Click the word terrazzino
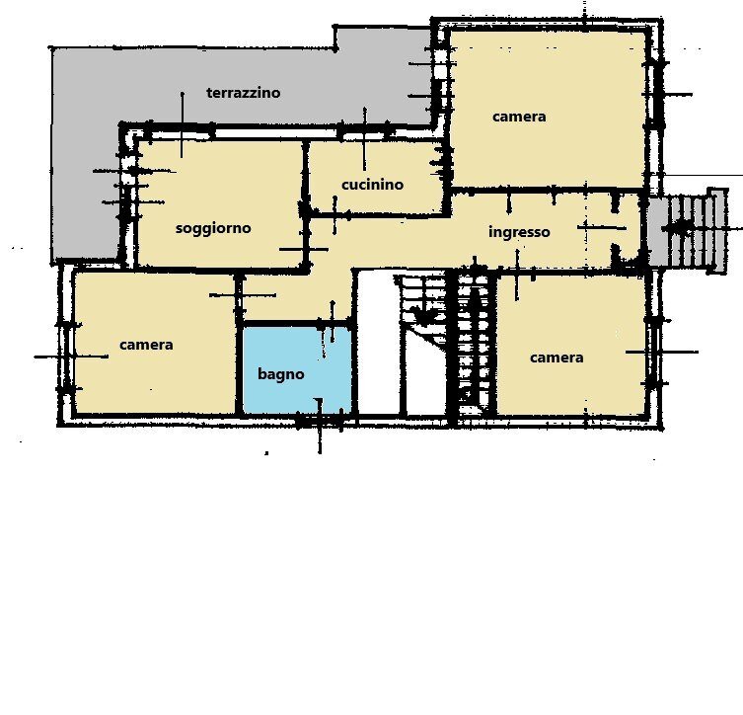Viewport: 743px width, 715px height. pyautogui.click(x=243, y=93)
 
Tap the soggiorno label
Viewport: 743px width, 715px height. pyautogui.click(x=213, y=228)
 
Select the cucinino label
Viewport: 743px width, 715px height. pyautogui.click(x=372, y=185)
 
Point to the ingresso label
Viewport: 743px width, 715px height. pyautogui.click(x=519, y=232)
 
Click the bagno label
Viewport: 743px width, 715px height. pyautogui.click(x=281, y=374)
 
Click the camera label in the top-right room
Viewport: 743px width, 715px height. pyautogui.click(x=519, y=117)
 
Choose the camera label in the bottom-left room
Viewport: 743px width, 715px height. pyautogui.click(x=146, y=345)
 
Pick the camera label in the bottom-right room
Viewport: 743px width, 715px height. pyautogui.click(x=557, y=357)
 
